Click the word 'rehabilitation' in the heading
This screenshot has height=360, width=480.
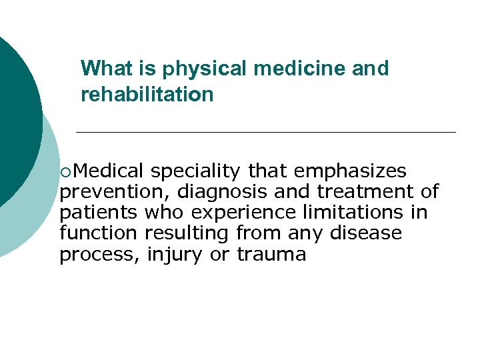click(x=147, y=95)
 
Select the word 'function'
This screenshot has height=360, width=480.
click(x=99, y=233)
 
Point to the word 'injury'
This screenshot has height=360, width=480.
click(x=175, y=255)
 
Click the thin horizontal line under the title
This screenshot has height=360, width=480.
click(x=267, y=132)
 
